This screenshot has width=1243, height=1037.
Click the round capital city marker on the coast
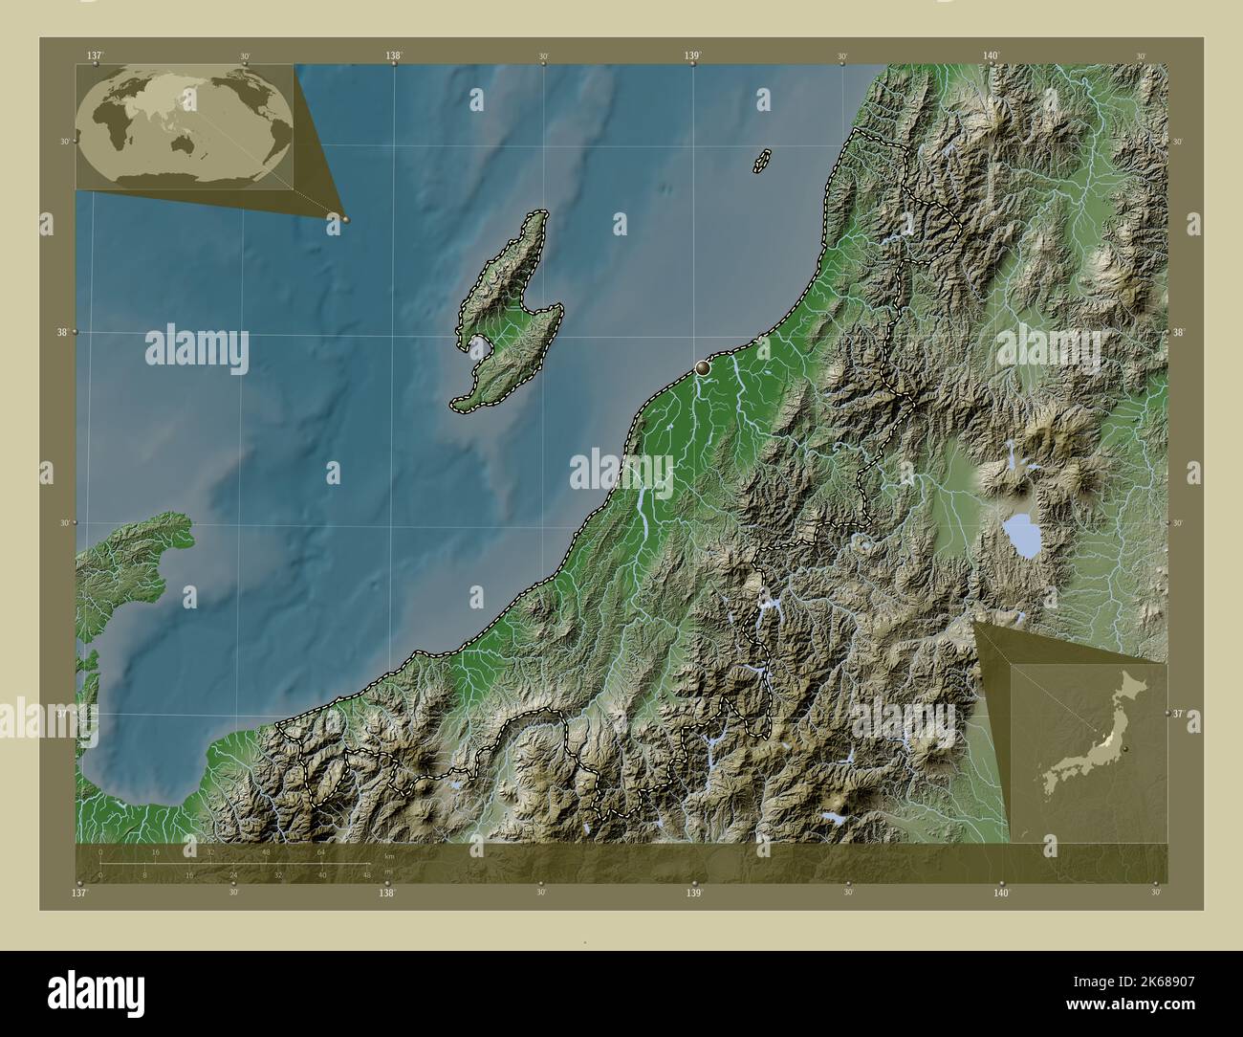click(x=703, y=366)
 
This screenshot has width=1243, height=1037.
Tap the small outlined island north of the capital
click(x=762, y=161)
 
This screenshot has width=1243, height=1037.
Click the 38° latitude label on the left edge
click(x=64, y=332)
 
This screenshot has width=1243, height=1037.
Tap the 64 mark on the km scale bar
click(x=321, y=850)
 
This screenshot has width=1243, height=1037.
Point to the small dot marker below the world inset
click(x=345, y=219)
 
